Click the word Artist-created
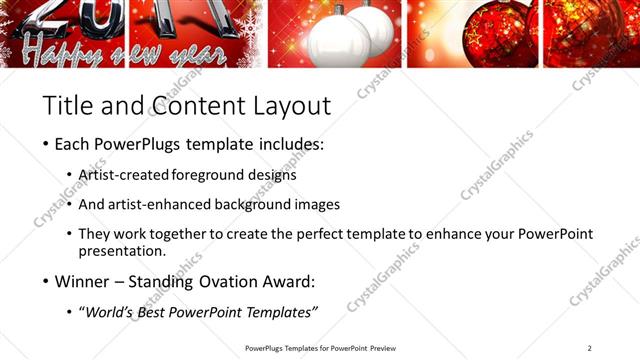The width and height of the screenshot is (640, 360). [124, 175]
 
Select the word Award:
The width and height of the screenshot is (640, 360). [287, 282]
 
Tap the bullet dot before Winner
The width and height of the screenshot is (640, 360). [46, 282]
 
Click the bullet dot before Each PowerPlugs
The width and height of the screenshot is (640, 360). [46, 145]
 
